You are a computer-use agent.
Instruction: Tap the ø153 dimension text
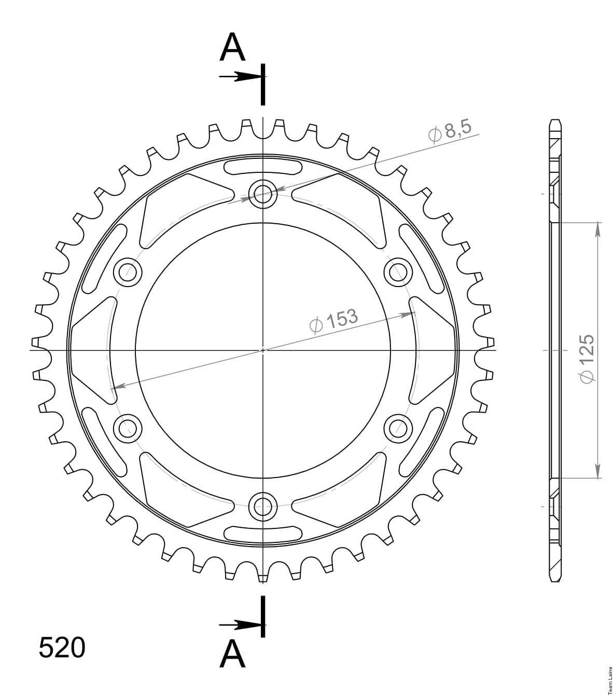[333, 320]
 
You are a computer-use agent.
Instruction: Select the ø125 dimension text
[587, 359]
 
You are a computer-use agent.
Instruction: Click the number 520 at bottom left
[62, 648]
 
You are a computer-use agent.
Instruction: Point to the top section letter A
[232, 47]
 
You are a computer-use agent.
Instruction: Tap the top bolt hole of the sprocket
[262, 194]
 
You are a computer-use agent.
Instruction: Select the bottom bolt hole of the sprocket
[262, 507]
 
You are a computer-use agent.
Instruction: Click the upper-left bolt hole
[128, 272]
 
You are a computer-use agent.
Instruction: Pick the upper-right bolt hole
[398, 272]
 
